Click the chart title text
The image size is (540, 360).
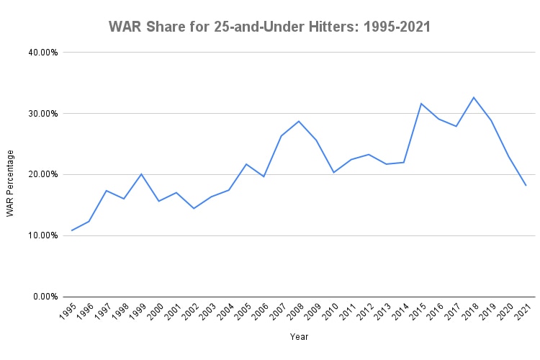tap(269, 27)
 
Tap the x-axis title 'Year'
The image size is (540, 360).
tap(300, 337)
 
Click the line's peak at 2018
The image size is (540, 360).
tap(474, 97)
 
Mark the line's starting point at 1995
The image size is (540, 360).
tap(72, 230)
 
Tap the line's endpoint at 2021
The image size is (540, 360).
tap(526, 185)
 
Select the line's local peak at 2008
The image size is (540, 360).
tap(299, 121)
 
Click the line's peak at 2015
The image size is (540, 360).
tap(421, 104)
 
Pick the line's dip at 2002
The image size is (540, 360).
tap(194, 208)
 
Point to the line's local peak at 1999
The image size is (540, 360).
tap(142, 174)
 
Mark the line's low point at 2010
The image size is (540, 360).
tap(334, 173)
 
